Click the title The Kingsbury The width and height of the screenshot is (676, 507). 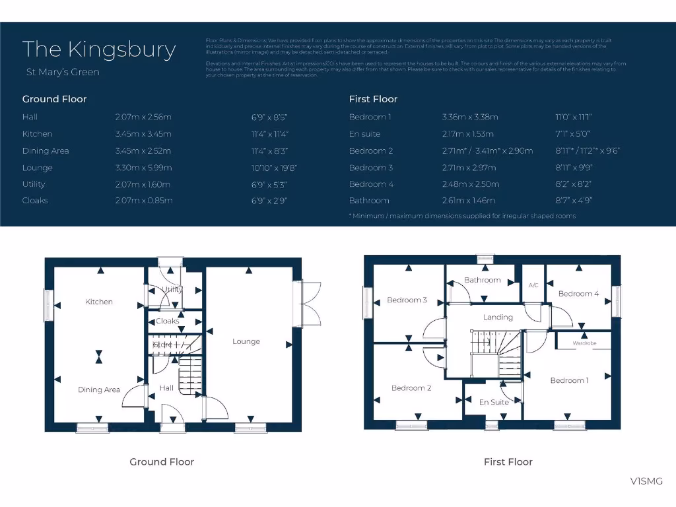coord(99,50)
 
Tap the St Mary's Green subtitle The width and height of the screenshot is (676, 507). coord(63,72)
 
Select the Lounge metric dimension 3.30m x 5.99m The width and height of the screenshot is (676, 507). coord(143,168)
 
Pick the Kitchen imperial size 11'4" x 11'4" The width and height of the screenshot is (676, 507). coord(270,134)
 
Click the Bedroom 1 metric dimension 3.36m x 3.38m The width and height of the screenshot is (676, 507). coord(470,118)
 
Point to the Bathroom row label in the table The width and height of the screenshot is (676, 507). coord(369,201)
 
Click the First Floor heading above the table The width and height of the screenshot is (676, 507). coord(373,99)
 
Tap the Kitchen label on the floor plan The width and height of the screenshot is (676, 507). coord(99,302)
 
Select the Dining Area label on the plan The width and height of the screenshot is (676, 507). coord(99,389)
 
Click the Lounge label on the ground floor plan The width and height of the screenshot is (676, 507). coord(246,341)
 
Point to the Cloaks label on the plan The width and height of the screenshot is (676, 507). coord(167,321)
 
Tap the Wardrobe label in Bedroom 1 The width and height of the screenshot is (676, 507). coord(584,343)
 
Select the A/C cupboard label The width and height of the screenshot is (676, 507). coord(534,285)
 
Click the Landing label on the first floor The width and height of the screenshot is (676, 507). coord(498,317)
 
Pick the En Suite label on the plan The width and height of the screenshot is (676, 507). coord(494,402)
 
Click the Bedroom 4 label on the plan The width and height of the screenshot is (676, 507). coord(578,294)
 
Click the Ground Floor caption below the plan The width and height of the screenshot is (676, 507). coord(162,462)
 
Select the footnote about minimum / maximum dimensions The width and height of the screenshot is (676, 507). coord(462,216)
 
